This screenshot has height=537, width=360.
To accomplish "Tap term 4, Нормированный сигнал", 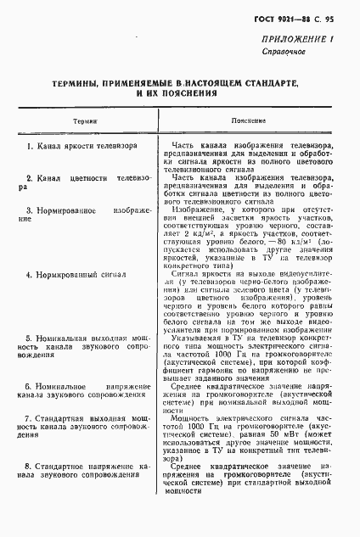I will click(x=75, y=276).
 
